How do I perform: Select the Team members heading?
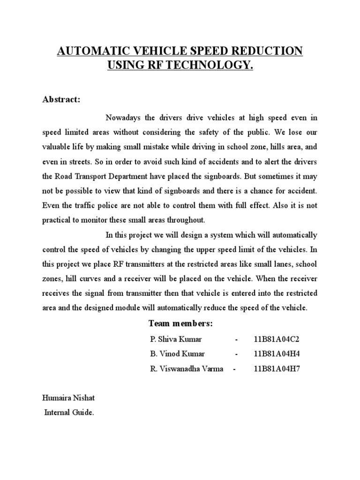180,323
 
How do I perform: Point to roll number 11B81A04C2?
276,339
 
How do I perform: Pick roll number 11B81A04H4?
276,354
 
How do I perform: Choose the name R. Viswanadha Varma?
187,369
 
